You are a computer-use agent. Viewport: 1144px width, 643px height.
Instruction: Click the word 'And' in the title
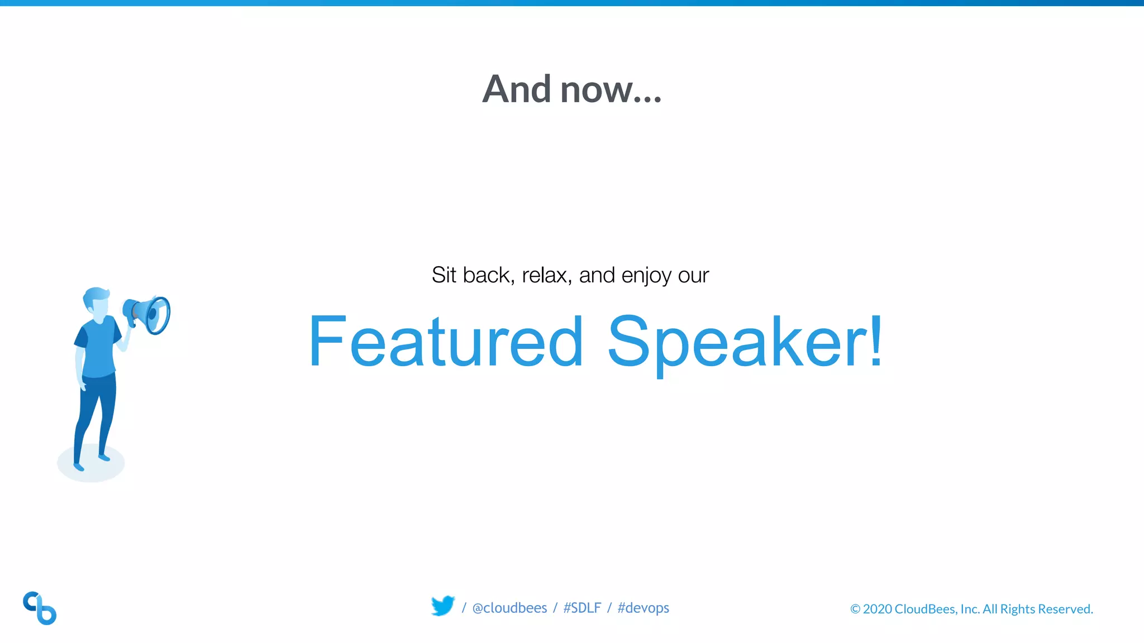pos(517,89)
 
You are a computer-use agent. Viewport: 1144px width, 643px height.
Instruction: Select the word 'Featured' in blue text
pos(446,342)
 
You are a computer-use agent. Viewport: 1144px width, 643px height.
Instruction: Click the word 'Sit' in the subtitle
pos(444,275)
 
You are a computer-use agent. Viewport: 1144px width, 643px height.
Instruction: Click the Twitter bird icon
pos(443,606)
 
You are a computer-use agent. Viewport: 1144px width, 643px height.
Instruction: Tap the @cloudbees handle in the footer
pos(509,608)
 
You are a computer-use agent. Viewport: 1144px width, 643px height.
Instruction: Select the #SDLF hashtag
pos(582,608)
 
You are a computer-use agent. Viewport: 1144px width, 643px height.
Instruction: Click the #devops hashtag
pos(643,608)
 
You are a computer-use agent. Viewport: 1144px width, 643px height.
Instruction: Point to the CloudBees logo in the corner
pos(40,608)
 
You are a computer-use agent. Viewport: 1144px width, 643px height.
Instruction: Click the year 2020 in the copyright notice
pos(877,609)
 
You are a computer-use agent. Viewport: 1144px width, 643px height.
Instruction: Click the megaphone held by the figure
pos(148,315)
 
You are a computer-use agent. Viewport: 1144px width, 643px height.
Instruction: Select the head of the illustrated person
pos(97,303)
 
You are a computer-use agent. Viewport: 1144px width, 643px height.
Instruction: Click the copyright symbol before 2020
pos(855,609)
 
